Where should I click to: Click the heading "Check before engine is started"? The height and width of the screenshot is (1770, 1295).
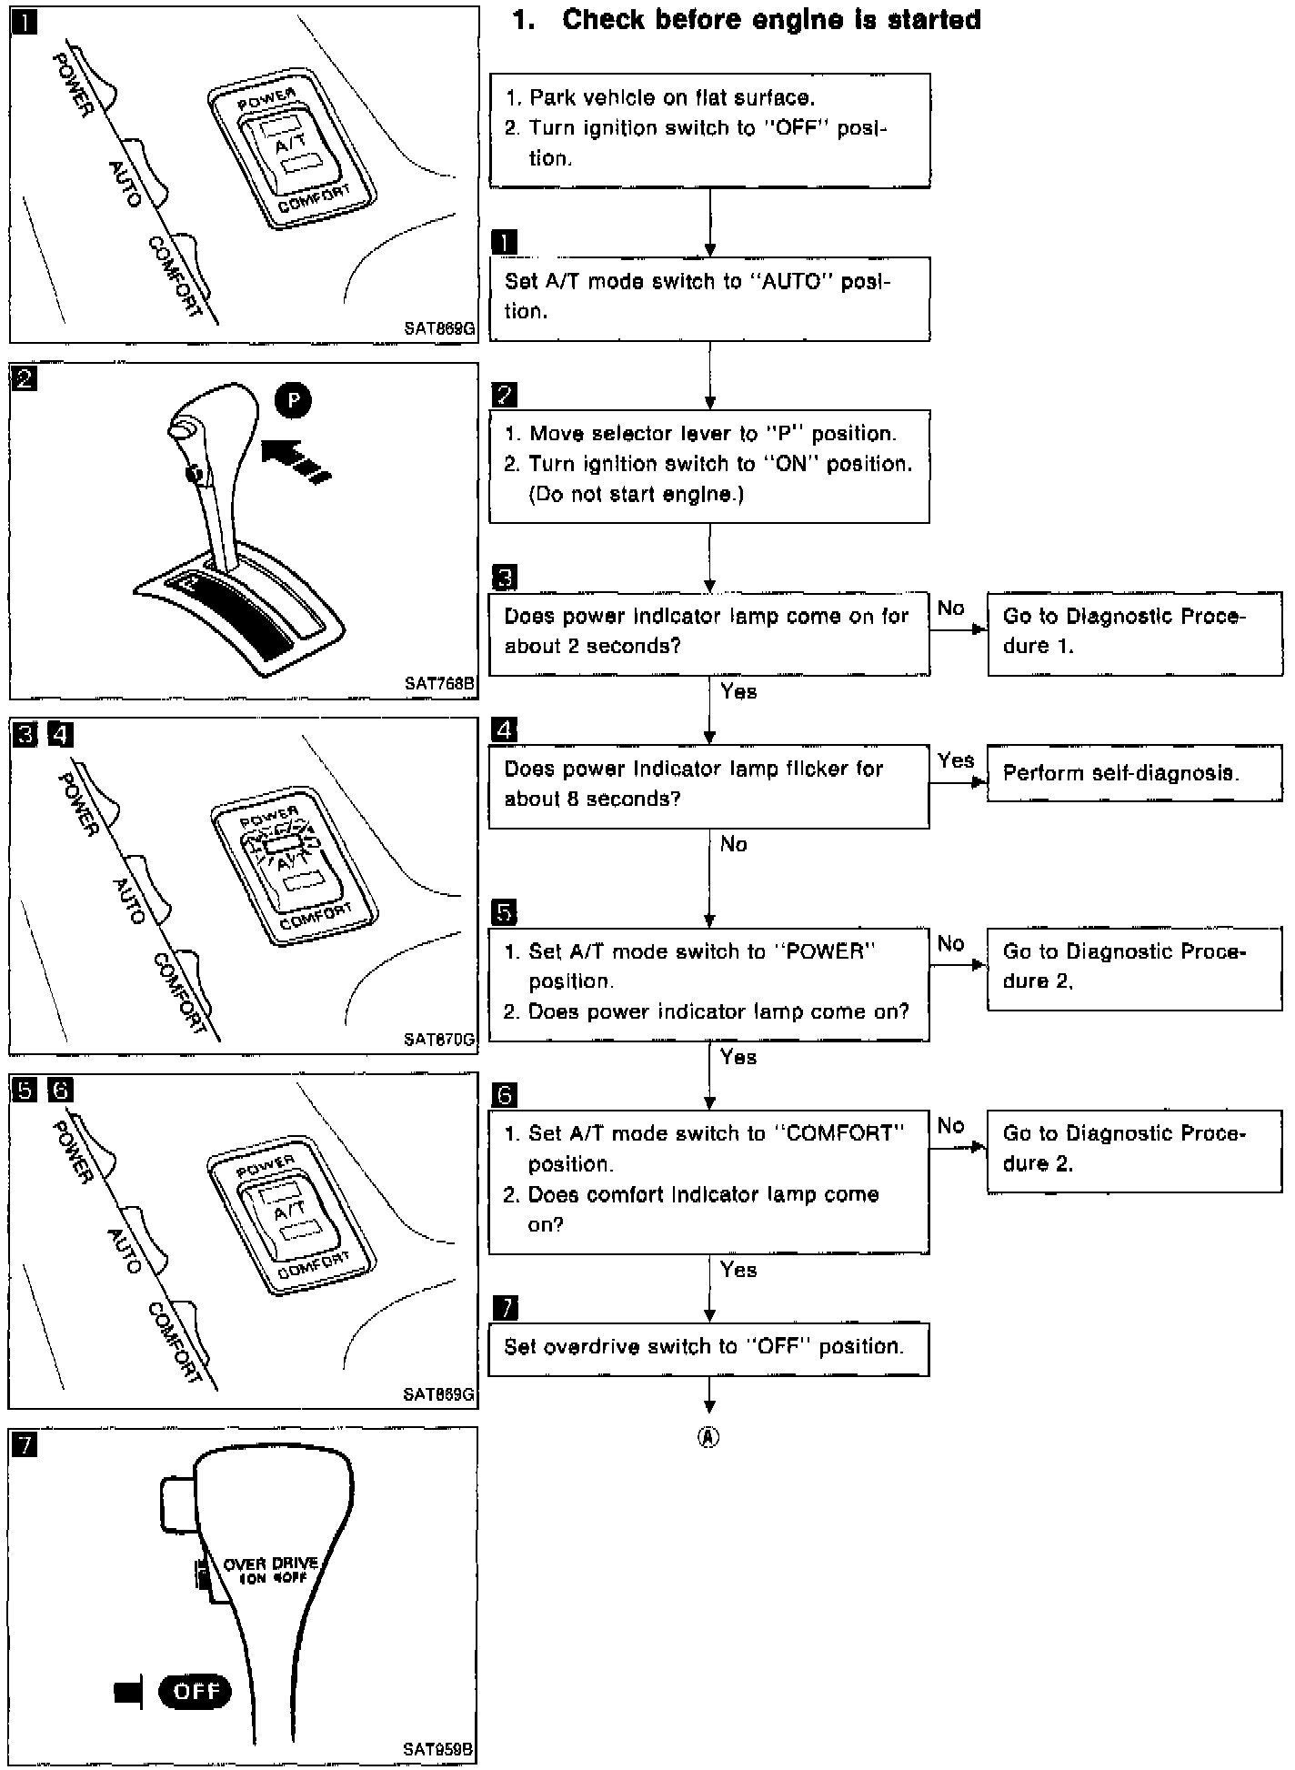770,20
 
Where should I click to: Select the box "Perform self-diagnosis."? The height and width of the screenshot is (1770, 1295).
1134,773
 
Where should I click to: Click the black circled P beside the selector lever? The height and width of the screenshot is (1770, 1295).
293,400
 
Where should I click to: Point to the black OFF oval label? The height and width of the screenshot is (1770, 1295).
195,1691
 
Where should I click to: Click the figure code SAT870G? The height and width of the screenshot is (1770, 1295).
439,1039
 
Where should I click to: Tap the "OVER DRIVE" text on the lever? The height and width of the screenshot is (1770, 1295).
270,1564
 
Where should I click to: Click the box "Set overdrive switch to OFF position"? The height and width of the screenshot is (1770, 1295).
708,1347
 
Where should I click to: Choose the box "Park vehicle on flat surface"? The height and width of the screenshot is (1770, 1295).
709,128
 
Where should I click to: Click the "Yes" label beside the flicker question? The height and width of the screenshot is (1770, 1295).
956,760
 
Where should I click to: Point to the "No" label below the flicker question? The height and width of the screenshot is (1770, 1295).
733,844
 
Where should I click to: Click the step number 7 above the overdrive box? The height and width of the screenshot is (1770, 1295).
504,1308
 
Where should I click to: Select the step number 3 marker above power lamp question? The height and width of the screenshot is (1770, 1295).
504,577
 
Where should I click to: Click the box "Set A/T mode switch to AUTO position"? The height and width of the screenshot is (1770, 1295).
709,297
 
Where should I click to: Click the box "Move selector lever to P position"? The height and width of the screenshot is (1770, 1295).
708,464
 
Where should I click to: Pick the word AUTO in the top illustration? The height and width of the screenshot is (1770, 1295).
125,184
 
